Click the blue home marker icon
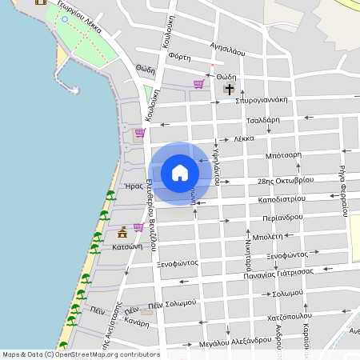(x=180, y=172)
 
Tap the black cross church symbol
(x=230, y=90)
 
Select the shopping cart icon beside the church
(x=198, y=83)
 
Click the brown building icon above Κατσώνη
(x=122, y=232)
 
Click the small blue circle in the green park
(x=63, y=20)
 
